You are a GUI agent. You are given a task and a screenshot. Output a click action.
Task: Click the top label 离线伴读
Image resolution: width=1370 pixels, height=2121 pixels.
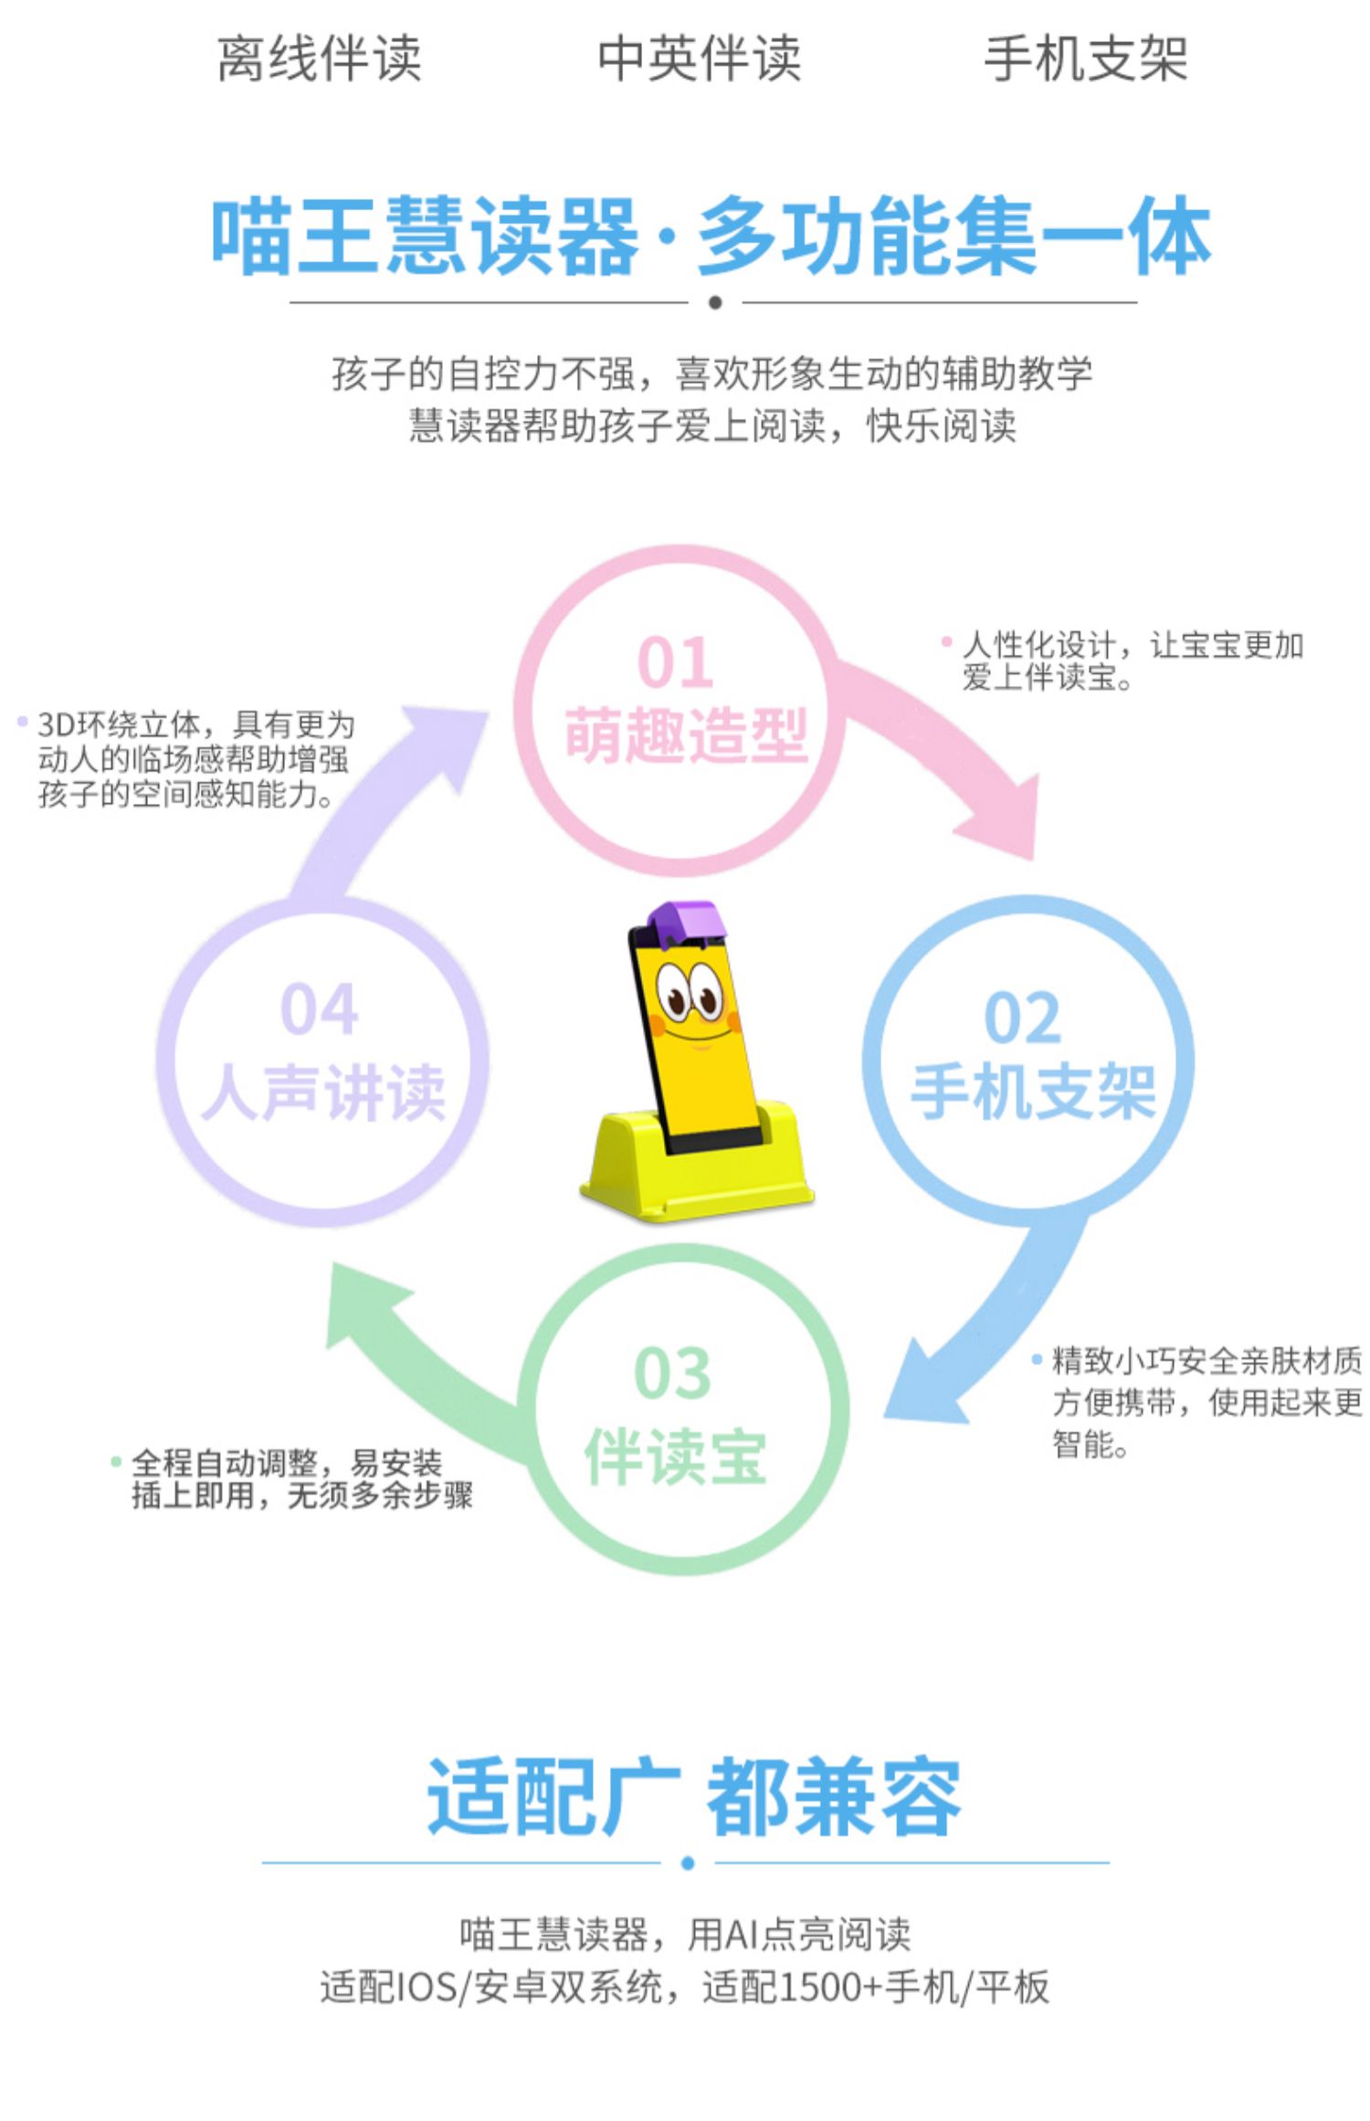point(319,58)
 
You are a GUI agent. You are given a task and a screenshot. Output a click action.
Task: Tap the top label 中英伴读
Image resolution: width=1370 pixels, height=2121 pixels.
point(699,58)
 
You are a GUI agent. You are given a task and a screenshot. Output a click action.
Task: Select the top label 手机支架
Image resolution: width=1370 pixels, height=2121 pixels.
point(1085,58)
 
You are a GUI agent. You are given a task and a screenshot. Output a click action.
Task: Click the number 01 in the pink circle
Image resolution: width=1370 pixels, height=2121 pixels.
point(675,662)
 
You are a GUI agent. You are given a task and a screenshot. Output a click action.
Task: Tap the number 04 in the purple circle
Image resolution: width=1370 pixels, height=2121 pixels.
point(319,1008)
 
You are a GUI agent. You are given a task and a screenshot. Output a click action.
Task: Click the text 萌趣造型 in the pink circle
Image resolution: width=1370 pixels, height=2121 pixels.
point(686,735)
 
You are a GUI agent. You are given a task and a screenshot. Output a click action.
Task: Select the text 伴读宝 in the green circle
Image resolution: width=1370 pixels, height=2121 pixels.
point(675,1457)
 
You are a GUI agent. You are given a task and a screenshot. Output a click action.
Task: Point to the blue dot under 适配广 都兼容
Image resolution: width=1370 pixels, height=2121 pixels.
point(688,1862)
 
